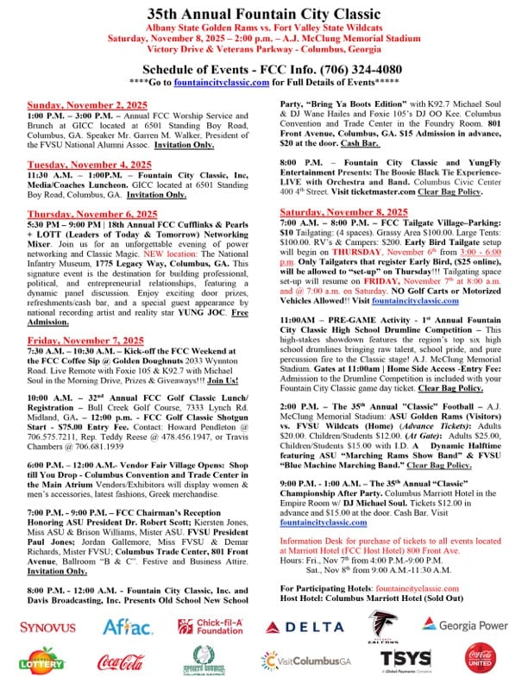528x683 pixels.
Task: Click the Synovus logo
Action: (x=47, y=626)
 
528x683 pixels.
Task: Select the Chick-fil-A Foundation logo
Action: (x=211, y=626)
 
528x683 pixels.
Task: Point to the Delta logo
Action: (x=304, y=627)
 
